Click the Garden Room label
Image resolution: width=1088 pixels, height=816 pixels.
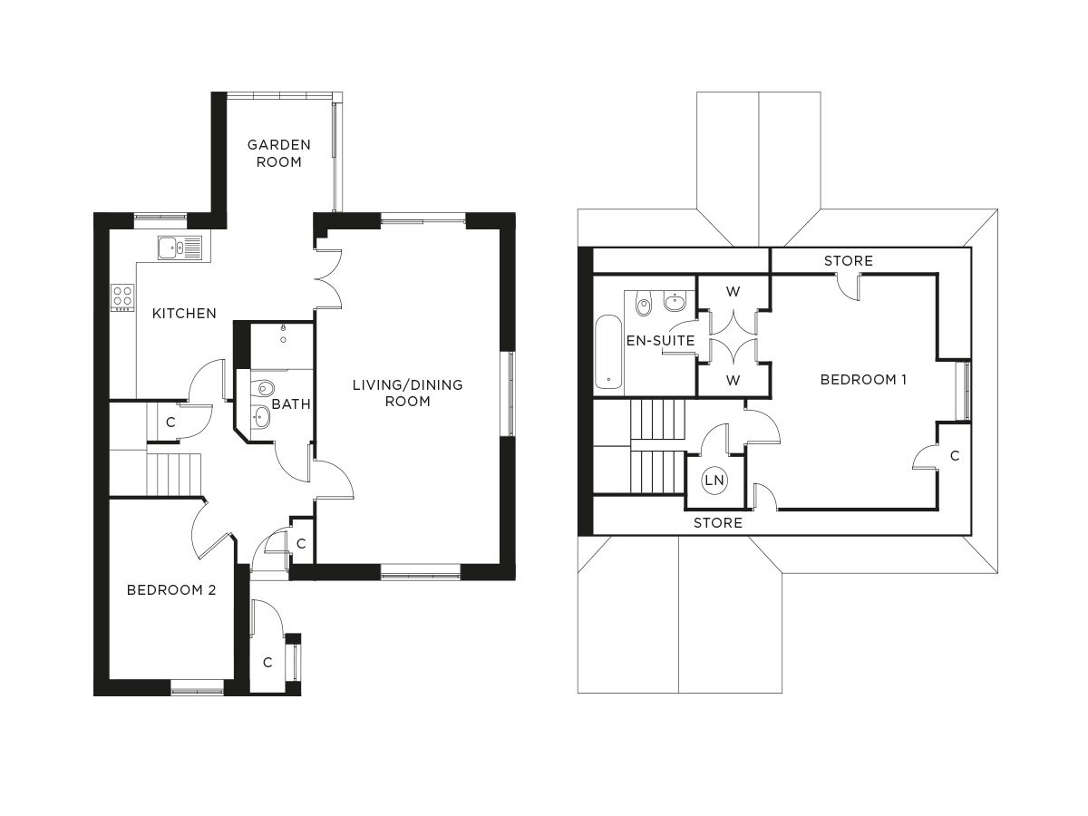tap(279, 153)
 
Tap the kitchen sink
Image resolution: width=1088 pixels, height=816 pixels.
tap(180, 248)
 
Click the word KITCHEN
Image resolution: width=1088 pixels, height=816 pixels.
tap(184, 314)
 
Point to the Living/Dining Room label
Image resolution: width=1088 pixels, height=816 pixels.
tap(407, 393)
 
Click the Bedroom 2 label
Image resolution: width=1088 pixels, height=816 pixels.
tap(171, 590)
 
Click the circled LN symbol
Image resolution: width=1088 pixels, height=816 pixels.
tap(714, 481)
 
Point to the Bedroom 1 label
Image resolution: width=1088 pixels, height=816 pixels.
tap(863, 380)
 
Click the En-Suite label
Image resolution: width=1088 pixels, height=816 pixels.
tap(660, 341)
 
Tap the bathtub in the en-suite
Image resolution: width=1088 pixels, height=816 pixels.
tap(608, 352)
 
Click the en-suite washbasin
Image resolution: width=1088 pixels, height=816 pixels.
tap(675, 302)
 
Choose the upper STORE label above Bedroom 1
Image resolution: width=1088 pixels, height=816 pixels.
tap(848, 261)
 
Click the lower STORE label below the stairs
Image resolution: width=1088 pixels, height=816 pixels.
tap(718, 523)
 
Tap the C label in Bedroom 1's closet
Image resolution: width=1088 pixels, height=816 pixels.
tap(955, 456)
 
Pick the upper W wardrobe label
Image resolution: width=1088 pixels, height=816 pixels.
tap(733, 292)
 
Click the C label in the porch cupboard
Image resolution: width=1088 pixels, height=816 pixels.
tap(267, 663)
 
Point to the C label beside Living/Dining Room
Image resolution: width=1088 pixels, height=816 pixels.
tap(301, 544)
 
